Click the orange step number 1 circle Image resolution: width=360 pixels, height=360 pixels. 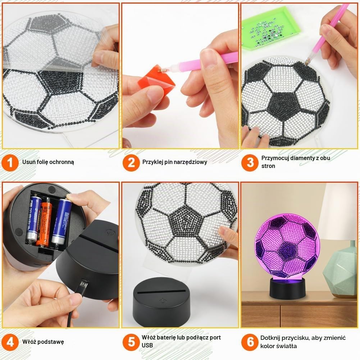point(10,163)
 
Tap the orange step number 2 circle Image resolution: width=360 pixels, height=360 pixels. point(131,163)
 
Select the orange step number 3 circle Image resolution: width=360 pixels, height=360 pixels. point(250,163)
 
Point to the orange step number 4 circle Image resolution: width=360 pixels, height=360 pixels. point(10,342)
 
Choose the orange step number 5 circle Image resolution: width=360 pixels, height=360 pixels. point(131,342)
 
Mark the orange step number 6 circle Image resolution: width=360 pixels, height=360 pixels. point(250,342)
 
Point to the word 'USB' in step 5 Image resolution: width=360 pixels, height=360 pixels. point(147,345)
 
